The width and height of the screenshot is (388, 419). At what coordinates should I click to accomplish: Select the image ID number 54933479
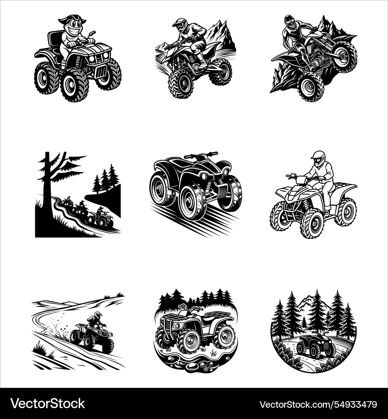pos(318,404)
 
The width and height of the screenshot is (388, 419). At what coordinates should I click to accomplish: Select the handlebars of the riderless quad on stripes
pos(201,156)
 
